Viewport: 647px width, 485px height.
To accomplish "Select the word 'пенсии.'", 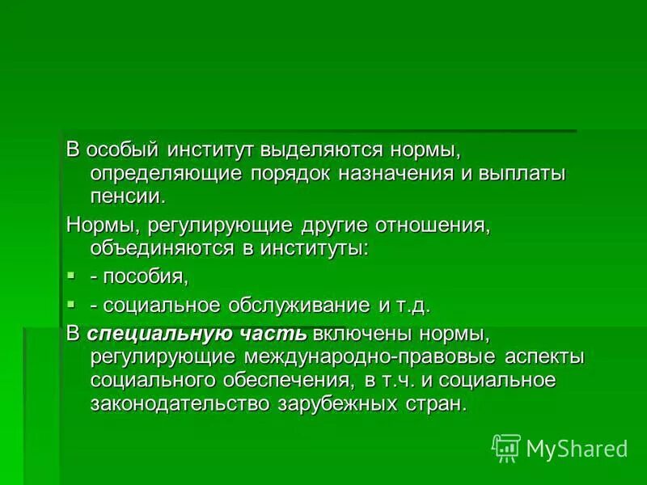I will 129,195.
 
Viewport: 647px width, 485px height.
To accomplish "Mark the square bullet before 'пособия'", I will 71,276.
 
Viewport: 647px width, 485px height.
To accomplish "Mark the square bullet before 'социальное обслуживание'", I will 71,304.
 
